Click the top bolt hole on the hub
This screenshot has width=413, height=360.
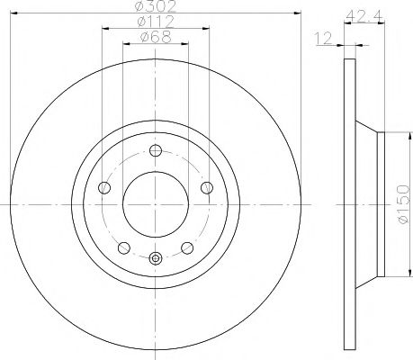point(155,151)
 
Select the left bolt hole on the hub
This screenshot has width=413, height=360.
point(104,188)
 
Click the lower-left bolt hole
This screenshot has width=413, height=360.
point(123,247)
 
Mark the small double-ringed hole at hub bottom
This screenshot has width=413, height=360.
point(155,260)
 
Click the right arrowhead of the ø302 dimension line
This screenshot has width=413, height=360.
point(295,13)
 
